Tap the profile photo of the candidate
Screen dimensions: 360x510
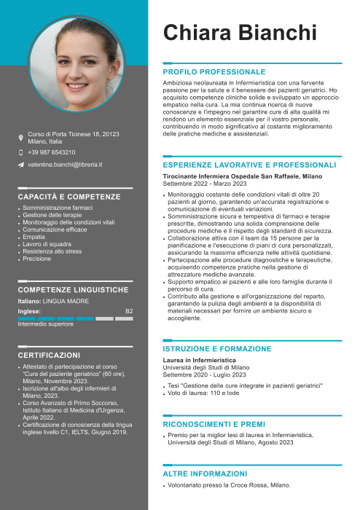[x=76, y=65]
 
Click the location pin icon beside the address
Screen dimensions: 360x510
[x=20, y=138]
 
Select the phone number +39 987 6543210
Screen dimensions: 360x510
[x=51, y=152]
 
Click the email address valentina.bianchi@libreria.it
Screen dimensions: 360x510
[x=65, y=165]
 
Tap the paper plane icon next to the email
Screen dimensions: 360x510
[x=20, y=165]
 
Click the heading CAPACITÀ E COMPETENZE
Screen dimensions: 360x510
[x=69, y=197]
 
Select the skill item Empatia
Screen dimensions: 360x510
[x=34, y=237]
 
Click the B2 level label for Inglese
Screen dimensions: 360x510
[x=129, y=311]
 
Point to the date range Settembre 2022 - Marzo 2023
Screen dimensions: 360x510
[x=203, y=184]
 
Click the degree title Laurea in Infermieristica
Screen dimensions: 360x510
[x=200, y=360]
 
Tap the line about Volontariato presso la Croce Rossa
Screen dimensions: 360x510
[x=229, y=484]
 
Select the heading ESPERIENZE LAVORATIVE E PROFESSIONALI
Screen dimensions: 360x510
[x=249, y=165]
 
